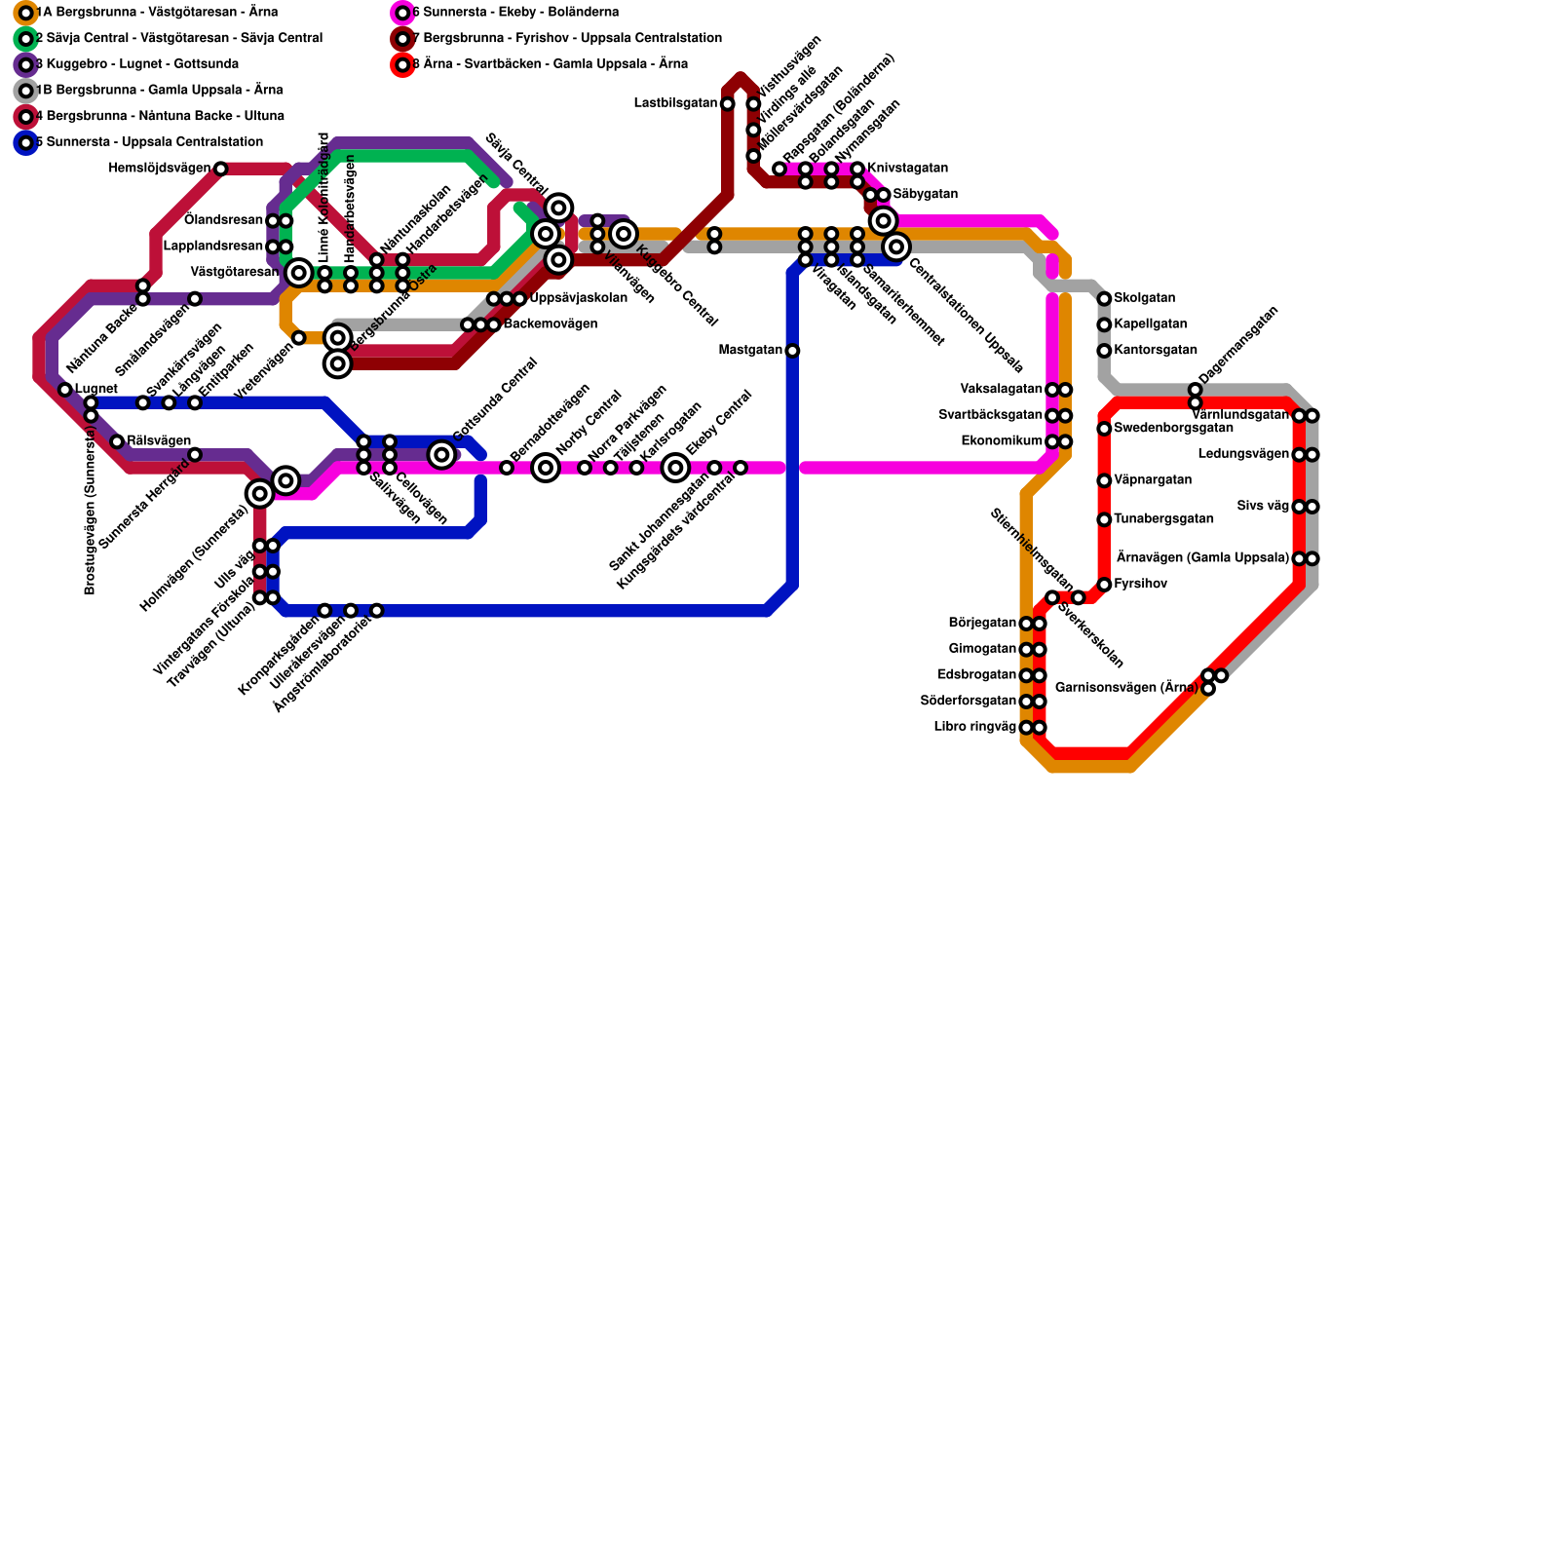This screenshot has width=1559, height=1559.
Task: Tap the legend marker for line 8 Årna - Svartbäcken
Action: [x=402, y=65]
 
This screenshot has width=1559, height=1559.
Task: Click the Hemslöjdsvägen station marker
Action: [x=220, y=169]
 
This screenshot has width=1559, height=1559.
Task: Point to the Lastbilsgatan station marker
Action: [x=728, y=103]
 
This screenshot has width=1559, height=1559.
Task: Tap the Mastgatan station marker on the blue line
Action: [x=792, y=351]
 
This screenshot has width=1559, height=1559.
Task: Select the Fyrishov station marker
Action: [x=1104, y=585]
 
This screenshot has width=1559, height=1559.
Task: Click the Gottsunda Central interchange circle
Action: [x=441, y=454]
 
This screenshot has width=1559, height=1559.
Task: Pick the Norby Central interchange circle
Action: [x=546, y=468]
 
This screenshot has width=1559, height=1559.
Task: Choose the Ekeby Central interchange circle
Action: [x=675, y=468]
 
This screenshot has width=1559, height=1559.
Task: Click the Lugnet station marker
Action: [x=65, y=390]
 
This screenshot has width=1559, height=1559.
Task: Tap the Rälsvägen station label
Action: [x=159, y=441]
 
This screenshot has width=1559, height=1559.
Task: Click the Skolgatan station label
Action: [x=1144, y=298]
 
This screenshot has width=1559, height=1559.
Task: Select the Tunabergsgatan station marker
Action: [x=1104, y=519]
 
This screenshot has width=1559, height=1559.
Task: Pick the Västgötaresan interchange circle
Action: [x=299, y=273]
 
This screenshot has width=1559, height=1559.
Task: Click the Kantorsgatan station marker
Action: [x=1104, y=351]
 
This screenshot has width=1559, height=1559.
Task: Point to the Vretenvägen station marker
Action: [x=299, y=338]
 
